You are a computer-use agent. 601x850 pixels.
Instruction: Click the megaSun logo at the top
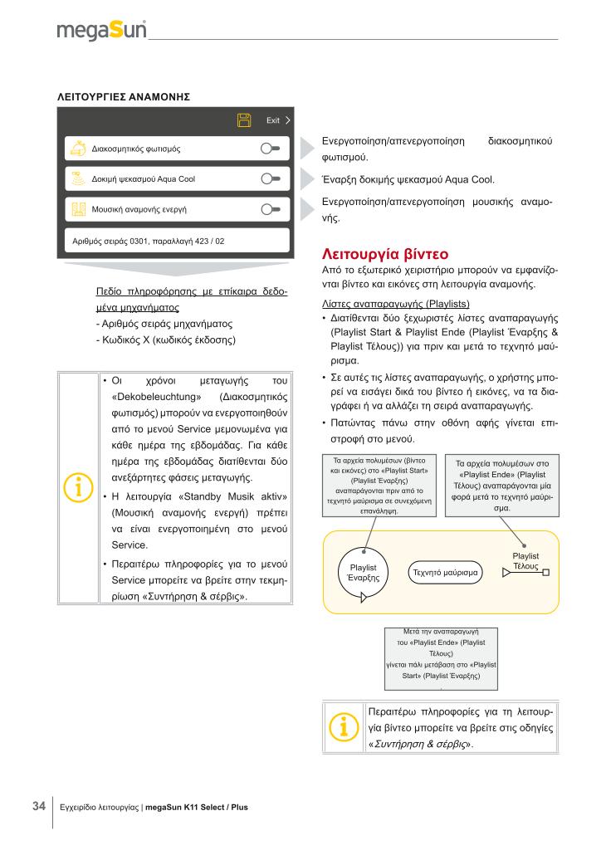(102, 32)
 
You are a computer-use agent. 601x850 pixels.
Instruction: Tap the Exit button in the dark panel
(276, 120)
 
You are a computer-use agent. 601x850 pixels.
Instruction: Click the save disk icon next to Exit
(245, 120)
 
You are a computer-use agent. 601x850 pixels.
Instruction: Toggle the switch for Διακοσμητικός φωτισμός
(271, 149)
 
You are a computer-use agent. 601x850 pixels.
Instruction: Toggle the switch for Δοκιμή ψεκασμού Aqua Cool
(271, 178)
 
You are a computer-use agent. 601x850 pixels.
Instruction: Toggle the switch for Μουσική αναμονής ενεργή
(271, 209)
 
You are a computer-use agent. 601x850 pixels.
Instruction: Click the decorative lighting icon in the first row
(78, 149)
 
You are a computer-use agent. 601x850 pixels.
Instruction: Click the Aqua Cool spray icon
(78, 178)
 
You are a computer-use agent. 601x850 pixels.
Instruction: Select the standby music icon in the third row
(78, 209)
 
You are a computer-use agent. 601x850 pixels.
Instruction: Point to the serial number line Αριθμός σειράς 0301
(149, 241)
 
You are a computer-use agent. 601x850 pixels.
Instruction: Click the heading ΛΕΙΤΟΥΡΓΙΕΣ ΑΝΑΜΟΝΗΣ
(124, 97)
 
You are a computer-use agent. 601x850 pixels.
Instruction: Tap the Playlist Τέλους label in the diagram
(525, 560)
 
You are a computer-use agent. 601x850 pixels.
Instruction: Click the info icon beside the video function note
(343, 725)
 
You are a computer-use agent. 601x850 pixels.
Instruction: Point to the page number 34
(38, 805)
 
